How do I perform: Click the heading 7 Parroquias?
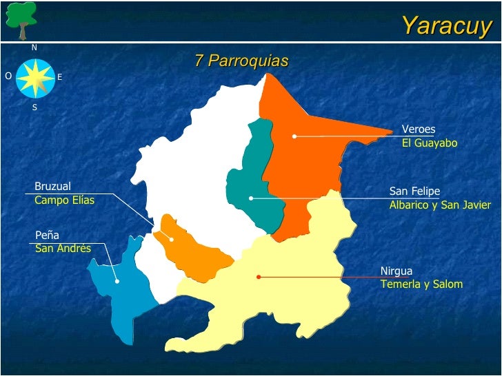241,61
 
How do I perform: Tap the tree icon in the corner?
21,19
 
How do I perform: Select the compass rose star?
35,77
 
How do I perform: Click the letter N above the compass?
34,48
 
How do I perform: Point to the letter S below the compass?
34,107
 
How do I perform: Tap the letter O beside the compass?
8,76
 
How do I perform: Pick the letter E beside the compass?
60,78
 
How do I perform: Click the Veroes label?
419,129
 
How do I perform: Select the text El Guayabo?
430,143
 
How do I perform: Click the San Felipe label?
414,191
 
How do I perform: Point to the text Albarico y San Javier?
440,205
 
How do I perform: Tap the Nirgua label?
396,271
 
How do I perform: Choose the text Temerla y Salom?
421,284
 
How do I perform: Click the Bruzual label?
52,186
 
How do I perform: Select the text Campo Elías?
64,200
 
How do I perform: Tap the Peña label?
47,235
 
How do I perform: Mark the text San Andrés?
63,248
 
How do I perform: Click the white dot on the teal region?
251,198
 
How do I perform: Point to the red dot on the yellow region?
259,277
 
